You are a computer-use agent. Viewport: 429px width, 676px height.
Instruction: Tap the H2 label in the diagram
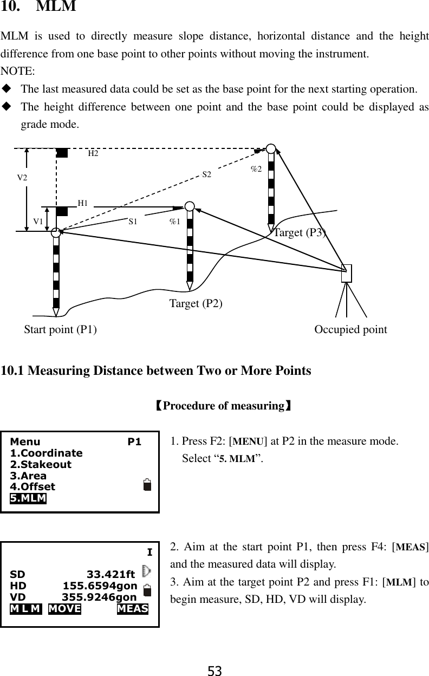93,154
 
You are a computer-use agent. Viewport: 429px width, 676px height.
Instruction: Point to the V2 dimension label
22,177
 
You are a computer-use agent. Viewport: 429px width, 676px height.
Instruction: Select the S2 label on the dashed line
207,174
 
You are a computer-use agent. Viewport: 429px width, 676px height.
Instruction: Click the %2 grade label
256,169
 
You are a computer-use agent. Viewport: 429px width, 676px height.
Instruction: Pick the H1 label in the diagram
83,203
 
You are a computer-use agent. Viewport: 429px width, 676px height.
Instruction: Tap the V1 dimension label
38,222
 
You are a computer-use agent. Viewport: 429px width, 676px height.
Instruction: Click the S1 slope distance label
133,222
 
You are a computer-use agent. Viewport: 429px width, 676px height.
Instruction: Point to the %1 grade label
174,222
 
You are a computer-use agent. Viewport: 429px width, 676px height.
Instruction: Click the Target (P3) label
300,233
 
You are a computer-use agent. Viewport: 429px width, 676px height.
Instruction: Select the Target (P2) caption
196,303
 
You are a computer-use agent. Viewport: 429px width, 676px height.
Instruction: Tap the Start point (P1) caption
61,329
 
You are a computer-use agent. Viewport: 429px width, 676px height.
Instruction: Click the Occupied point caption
350,329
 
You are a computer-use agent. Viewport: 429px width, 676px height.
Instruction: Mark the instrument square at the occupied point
347,274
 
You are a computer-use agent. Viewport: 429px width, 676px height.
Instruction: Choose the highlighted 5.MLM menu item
28,498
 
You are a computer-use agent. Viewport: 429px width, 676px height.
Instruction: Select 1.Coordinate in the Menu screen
47,453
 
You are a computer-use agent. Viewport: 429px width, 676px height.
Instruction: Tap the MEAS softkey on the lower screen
133,608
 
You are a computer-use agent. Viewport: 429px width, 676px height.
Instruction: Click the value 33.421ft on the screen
111,574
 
